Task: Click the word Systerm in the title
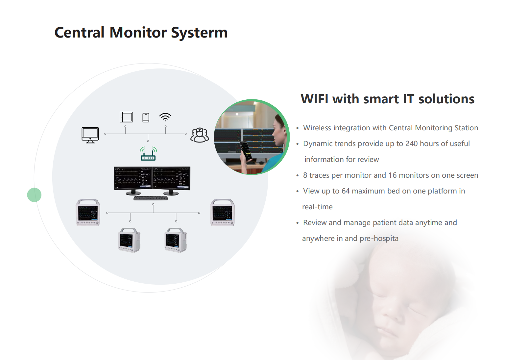(199, 33)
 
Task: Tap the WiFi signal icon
(165, 117)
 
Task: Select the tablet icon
(126, 117)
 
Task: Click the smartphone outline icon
(146, 117)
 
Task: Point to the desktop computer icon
(90, 135)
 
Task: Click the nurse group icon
(200, 135)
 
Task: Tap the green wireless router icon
(148, 154)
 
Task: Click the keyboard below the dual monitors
(151, 198)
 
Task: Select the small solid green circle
(34, 195)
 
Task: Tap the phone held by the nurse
(246, 150)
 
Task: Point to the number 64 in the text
(346, 191)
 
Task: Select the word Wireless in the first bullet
(317, 128)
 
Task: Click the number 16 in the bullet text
(392, 175)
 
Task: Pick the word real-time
(317, 207)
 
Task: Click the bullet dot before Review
(297, 223)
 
